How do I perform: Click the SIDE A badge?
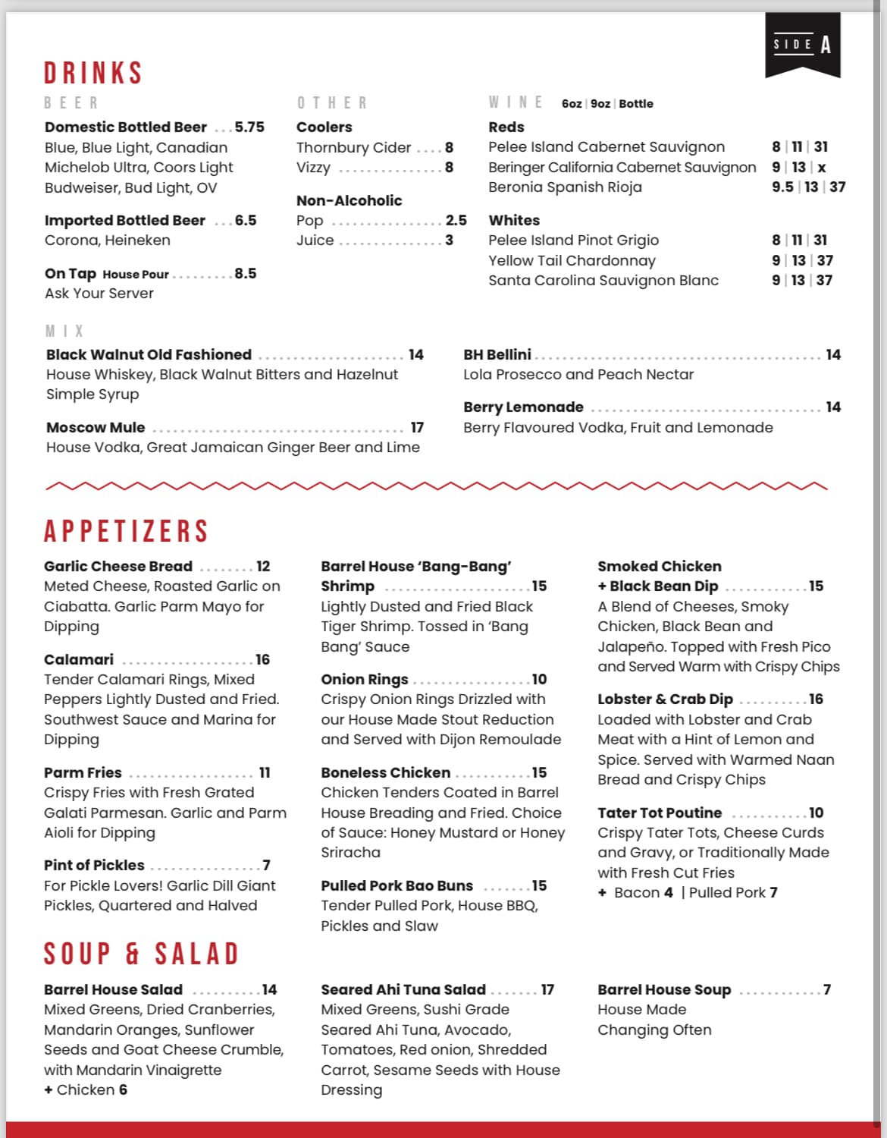coord(802,46)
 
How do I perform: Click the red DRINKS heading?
coord(93,74)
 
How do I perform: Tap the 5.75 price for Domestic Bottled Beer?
coord(249,127)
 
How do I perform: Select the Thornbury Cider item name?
coord(353,147)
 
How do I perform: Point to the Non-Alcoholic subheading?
coord(349,200)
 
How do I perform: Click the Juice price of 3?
coord(449,240)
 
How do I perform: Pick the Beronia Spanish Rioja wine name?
coord(565,187)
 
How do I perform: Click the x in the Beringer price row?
coord(822,167)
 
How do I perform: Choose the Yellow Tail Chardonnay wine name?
coord(572,260)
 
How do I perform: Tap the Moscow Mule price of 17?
coord(417,427)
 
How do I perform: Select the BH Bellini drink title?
coord(497,354)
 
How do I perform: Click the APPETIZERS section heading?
coord(126,531)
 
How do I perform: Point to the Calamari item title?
coord(79,659)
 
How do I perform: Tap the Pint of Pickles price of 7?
coord(266,865)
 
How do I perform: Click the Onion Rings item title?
coord(364,679)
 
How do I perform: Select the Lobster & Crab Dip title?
coord(665,699)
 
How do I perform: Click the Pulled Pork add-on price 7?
coord(773,892)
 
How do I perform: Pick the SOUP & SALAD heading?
coord(141,954)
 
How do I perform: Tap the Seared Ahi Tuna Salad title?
coord(403,989)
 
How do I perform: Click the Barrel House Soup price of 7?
coord(826,989)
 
